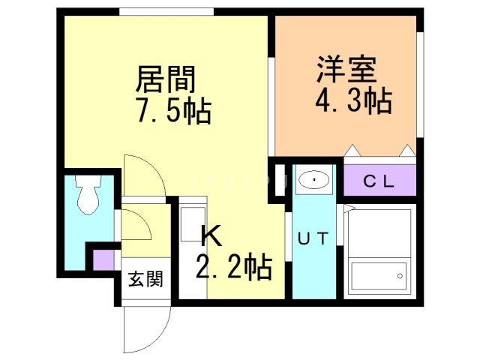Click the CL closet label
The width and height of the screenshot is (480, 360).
point(379,180)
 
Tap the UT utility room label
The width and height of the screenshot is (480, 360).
point(313,239)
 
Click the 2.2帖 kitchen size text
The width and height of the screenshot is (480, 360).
point(233,266)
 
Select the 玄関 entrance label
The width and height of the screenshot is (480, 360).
point(145,281)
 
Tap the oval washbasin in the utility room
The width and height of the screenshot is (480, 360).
point(313,180)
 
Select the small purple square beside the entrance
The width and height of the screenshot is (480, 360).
point(102,259)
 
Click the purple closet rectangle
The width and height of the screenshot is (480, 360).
point(379,180)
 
